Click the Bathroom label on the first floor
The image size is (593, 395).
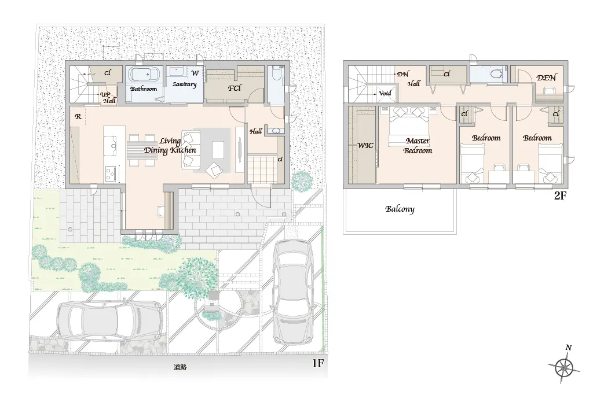point(144,88)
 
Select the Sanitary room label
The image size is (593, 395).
point(184,84)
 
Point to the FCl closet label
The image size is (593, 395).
point(235,88)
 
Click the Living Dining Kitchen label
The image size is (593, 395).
point(170,146)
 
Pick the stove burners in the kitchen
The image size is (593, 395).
point(111,173)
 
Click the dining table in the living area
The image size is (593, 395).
point(141,150)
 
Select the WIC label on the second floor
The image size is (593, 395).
point(365,145)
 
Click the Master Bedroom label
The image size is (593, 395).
point(418,146)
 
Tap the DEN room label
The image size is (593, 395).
point(547,78)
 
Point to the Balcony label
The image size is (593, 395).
point(400,209)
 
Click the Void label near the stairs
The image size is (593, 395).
point(385,93)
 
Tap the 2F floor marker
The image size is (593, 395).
point(560,195)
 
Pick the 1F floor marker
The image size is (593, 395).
point(318,363)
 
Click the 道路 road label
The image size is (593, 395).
point(180,367)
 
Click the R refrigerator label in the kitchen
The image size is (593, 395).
point(78,117)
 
